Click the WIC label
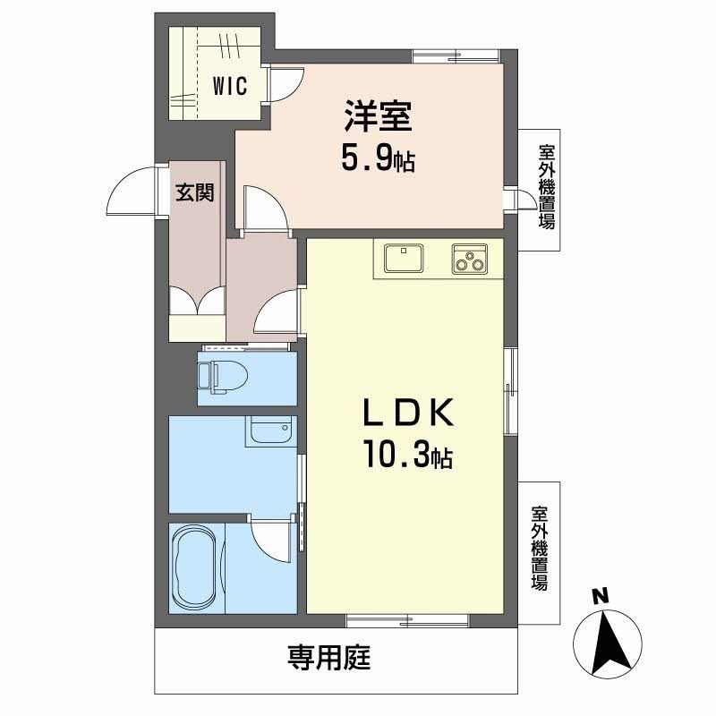230,87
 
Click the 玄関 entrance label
194,192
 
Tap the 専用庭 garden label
328,660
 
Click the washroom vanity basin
270,432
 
